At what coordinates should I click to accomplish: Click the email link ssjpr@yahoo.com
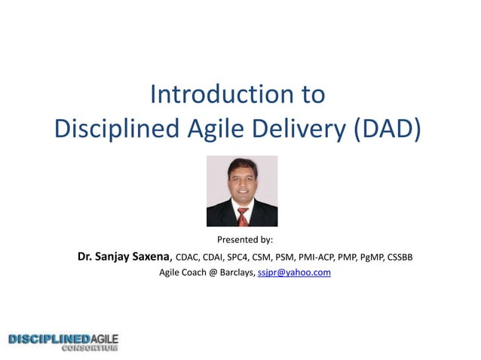tap(294, 273)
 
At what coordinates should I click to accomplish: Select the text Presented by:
tap(245, 240)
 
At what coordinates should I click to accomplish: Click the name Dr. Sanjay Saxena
tap(124, 257)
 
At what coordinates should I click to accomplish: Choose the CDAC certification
tap(188, 258)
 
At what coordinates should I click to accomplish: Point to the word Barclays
tap(234, 273)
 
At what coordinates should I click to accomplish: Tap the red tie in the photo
tap(243, 216)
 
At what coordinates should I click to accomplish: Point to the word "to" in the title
tap(313, 95)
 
